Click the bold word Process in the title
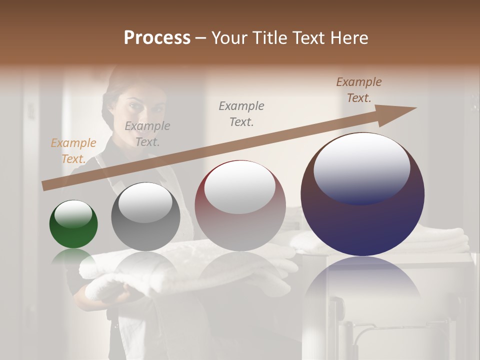[x=157, y=38]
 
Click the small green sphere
[x=73, y=224]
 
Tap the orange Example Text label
[x=73, y=151]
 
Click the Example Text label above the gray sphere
[x=147, y=134]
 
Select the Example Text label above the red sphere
[x=241, y=114]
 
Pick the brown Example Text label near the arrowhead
[x=359, y=90]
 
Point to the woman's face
[x=142, y=110]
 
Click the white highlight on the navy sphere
[x=361, y=167]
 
